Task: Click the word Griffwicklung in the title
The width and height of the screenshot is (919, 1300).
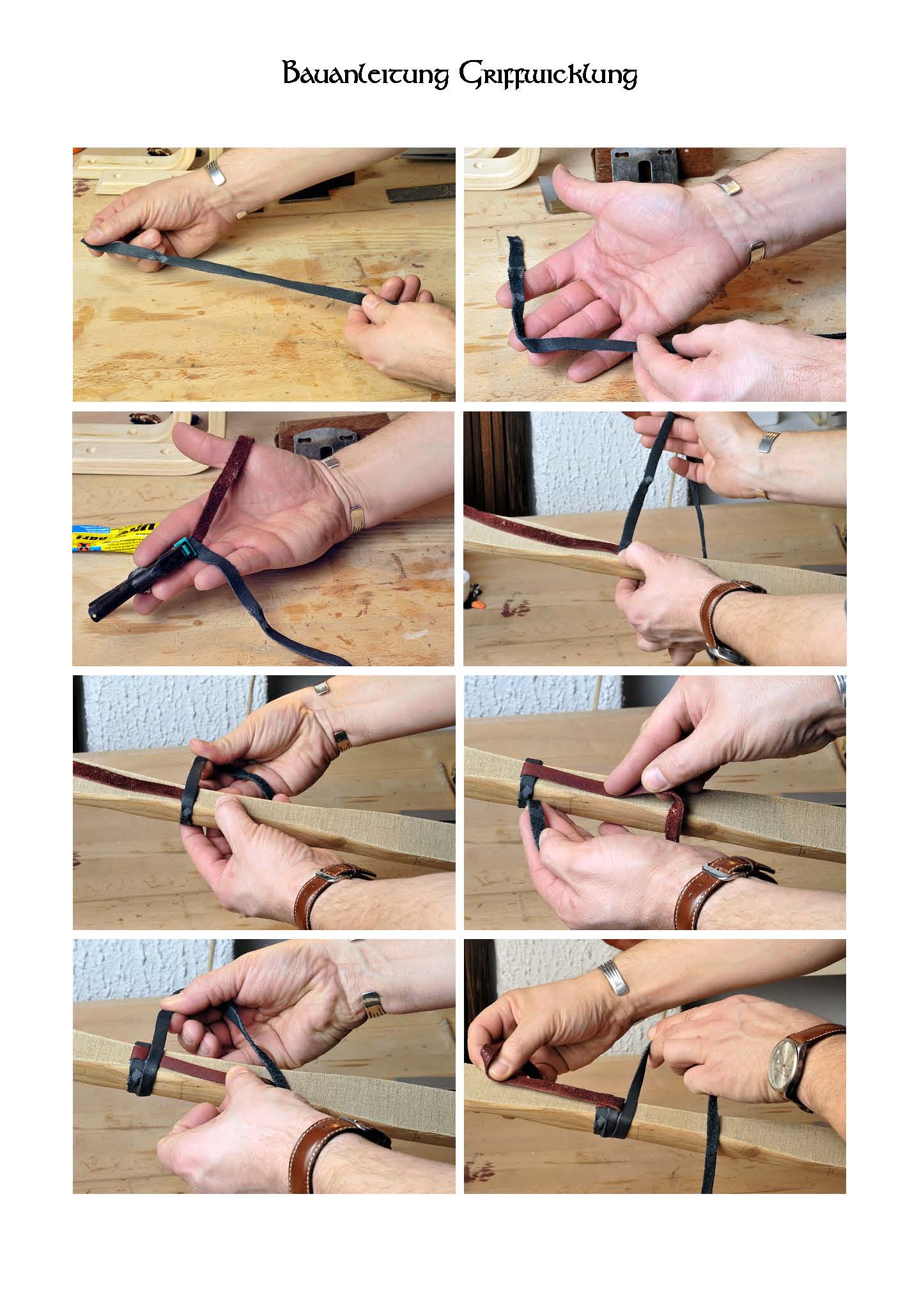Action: [548, 76]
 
